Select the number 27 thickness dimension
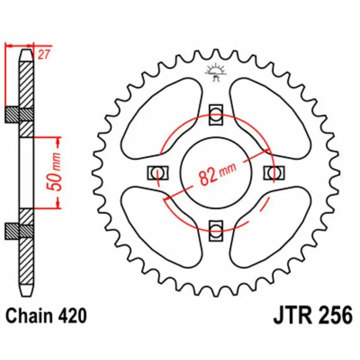43,55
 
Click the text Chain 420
46,316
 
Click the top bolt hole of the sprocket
216,113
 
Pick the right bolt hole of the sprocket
274,171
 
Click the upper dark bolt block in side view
18,115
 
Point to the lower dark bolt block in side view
18,230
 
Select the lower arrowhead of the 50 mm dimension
58,204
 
